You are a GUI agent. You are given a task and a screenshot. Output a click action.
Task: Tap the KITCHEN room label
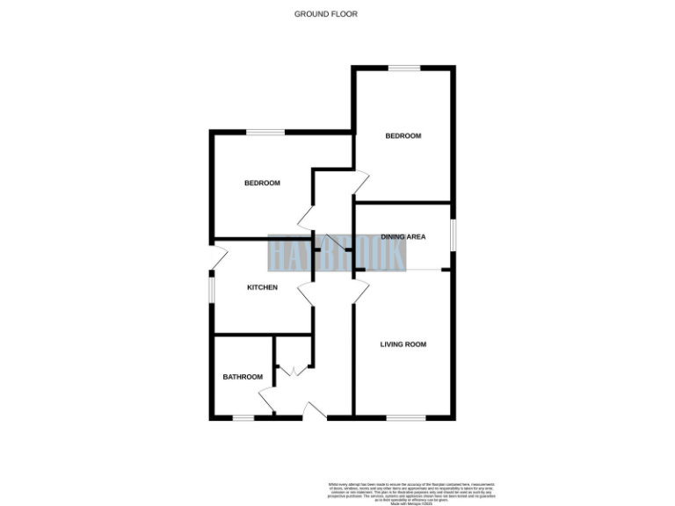click(x=262, y=287)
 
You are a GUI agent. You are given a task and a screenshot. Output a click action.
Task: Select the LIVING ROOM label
click(x=403, y=344)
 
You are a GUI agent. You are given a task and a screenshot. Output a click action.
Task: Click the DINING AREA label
click(x=403, y=237)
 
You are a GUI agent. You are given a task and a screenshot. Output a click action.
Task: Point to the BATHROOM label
click(x=242, y=377)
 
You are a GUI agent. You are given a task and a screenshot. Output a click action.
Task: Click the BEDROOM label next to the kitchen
click(x=262, y=183)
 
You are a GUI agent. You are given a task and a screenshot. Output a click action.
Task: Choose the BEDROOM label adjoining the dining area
click(x=403, y=136)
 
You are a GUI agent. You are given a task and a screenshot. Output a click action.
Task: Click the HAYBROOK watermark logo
click(x=337, y=254)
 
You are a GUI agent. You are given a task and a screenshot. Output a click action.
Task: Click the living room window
click(x=403, y=416)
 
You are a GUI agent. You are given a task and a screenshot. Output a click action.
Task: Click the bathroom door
click(x=267, y=402)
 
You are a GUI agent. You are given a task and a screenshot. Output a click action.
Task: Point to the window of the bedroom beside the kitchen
click(x=265, y=133)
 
